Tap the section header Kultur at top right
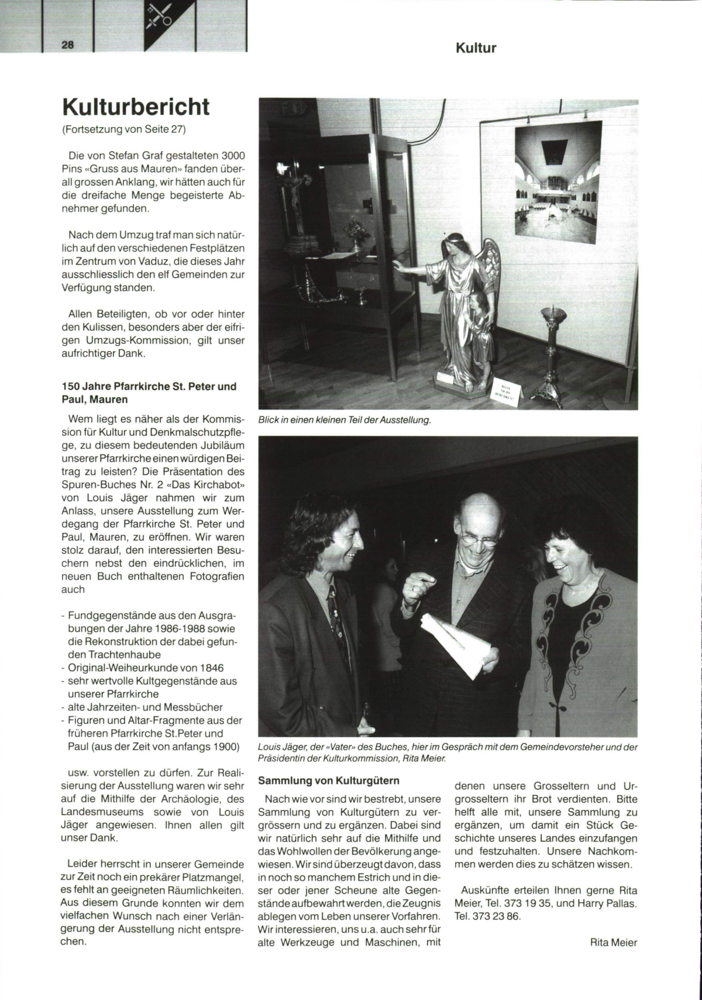tap(476, 49)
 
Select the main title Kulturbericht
tap(136, 107)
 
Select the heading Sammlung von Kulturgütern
tap(328, 781)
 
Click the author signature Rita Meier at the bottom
tap(614, 943)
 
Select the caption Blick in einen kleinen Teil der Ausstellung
tap(344, 420)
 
